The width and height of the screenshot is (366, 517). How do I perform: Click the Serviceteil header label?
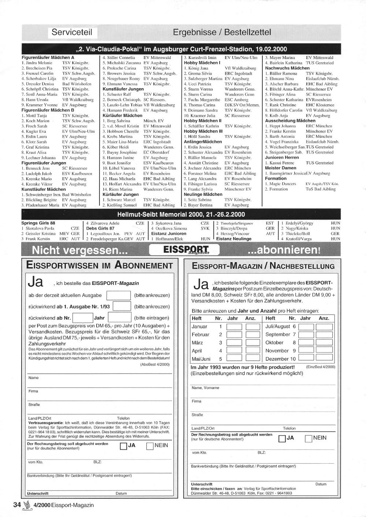click(x=72, y=32)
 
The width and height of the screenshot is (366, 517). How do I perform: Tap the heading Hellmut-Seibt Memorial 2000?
click(x=181, y=214)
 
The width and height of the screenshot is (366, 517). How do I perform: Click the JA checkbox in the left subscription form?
click(x=123, y=446)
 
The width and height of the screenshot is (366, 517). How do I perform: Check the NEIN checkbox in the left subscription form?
click(x=150, y=446)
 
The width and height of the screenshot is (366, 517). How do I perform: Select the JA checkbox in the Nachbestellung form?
click(x=282, y=438)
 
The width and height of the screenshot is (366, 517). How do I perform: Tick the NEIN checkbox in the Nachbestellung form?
click(x=308, y=438)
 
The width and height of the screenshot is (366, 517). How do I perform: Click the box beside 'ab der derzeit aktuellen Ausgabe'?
click(x=118, y=295)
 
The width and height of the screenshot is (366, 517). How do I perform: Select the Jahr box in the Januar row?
click(x=234, y=327)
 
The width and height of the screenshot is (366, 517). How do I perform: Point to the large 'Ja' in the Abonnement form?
click(x=36, y=282)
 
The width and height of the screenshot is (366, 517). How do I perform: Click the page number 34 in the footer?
click(x=17, y=505)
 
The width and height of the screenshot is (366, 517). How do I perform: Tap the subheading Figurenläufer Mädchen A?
click(x=48, y=57)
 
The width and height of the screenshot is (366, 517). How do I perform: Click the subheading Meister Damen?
click(x=280, y=168)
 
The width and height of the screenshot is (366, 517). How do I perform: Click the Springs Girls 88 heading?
click(x=38, y=223)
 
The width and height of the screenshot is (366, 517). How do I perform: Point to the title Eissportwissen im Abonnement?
click(x=99, y=265)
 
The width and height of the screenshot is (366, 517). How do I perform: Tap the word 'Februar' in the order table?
click(x=201, y=335)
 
